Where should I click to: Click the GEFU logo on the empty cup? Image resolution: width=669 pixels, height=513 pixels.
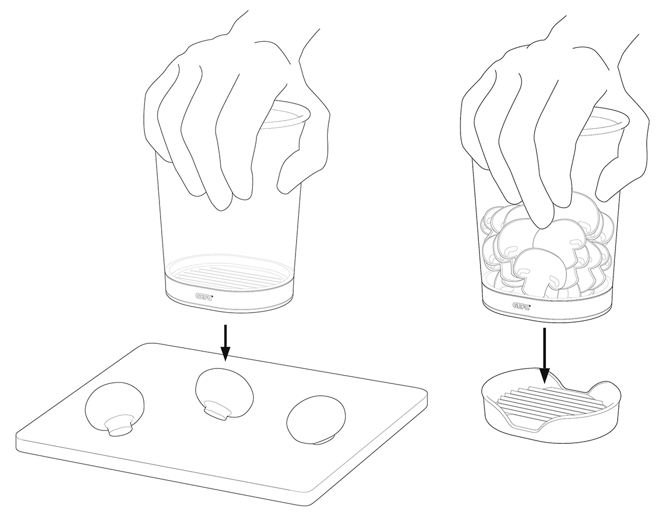205,296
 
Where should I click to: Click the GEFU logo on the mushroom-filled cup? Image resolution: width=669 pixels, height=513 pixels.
521,306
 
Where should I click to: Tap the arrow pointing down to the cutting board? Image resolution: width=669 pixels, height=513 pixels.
225,342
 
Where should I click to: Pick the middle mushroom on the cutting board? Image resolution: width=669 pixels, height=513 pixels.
225,394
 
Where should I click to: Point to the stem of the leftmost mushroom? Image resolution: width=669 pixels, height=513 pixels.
119,426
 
